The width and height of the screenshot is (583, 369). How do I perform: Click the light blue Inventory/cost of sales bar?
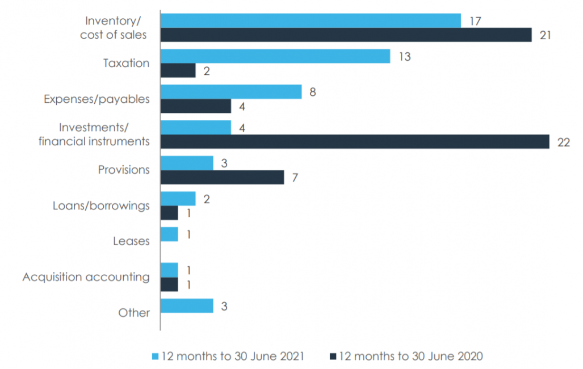(x=311, y=21)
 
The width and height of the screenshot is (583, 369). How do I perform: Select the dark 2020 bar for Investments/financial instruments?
(x=355, y=142)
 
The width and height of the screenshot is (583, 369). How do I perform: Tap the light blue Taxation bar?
(x=275, y=56)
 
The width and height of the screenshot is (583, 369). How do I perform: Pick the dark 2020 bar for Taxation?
(x=178, y=70)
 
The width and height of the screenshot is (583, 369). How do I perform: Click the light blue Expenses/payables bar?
(x=231, y=92)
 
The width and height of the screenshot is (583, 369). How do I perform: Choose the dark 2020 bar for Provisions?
(x=223, y=178)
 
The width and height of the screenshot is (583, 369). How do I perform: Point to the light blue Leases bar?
(x=170, y=234)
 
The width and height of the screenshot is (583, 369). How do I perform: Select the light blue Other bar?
(x=187, y=306)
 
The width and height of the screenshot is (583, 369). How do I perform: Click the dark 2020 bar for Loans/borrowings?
(x=170, y=213)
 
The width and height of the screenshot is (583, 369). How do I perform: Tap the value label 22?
(x=563, y=142)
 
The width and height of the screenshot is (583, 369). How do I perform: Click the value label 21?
(x=546, y=35)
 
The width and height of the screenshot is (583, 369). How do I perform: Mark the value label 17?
(x=475, y=21)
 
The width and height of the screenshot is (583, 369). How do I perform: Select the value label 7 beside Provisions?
(x=295, y=178)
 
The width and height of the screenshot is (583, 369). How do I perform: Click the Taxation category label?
(x=126, y=63)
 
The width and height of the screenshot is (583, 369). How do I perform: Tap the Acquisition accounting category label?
(x=86, y=277)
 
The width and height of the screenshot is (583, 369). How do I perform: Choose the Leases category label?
(x=131, y=241)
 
